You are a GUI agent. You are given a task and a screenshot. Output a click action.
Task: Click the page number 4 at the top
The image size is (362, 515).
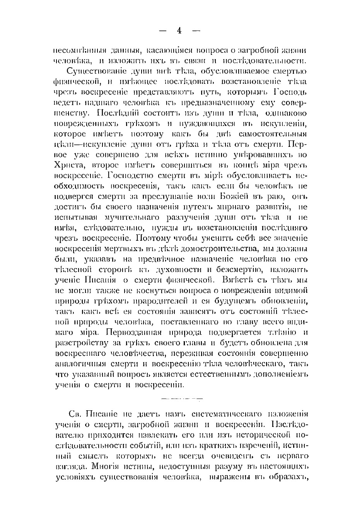click(179, 31)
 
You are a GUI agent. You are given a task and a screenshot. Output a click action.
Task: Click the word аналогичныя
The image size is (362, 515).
click(76, 364)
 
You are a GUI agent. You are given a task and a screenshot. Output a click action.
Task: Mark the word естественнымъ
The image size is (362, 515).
click(222, 374)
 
